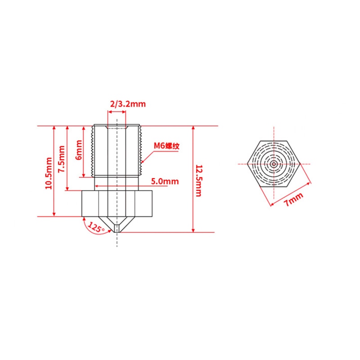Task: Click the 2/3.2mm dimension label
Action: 128,104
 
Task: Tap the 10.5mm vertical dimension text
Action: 49,173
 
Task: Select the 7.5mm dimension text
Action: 62,159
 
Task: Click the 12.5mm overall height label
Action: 198,181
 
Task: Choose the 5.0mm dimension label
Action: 165,181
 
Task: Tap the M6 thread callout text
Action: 166,146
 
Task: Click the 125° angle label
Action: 96,227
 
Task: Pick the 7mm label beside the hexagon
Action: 293,199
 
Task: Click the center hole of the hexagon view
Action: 274,164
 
